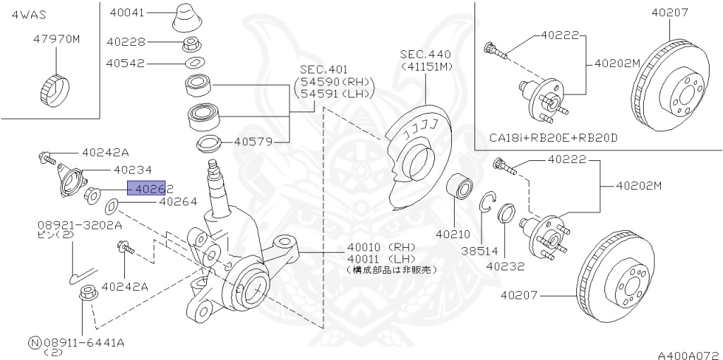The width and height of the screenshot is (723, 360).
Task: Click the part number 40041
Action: coord(127,12)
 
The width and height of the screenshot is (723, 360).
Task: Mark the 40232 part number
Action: coord(504,267)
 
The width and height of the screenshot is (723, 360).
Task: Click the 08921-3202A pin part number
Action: coord(80,225)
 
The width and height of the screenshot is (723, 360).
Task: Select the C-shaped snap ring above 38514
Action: coord(485,203)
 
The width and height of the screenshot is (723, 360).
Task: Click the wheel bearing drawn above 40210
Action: coord(462,189)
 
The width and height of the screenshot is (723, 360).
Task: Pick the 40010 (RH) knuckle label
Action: coord(381,247)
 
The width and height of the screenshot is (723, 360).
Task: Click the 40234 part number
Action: coord(133,169)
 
